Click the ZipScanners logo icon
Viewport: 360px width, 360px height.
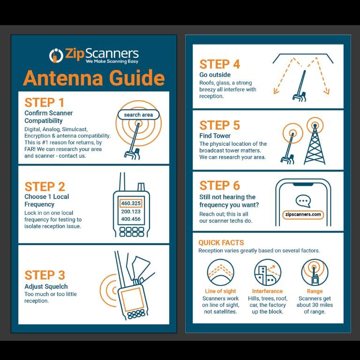click(x=56, y=55)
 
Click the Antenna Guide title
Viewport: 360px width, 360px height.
click(x=94, y=78)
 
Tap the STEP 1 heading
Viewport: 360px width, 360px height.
click(x=44, y=103)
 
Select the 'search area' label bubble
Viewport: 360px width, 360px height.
click(x=138, y=115)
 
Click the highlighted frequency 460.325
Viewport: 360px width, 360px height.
click(x=131, y=203)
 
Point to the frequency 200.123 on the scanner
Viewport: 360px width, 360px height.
click(x=131, y=211)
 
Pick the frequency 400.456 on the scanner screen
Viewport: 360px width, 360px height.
click(x=131, y=219)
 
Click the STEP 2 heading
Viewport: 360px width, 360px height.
click(x=45, y=187)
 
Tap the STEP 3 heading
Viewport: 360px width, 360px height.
click(x=45, y=275)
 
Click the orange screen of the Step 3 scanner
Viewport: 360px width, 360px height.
click(x=132, y=299)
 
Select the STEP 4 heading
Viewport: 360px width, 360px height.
click(x=219, y=64)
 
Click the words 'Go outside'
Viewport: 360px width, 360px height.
click(x=215, y=75)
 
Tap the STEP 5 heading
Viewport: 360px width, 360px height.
click(x=219, y=125)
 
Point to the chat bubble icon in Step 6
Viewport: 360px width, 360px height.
click(x=303, y=201)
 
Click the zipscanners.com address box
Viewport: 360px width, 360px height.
click(x=303, y=215)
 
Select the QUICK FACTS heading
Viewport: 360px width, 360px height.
click(x=221, y=243)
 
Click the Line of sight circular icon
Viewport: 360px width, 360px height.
click(x=220, y=273)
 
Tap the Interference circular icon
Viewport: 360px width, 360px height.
click(x=268, y=273)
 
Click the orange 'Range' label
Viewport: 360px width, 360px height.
click(x=315, y=291)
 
